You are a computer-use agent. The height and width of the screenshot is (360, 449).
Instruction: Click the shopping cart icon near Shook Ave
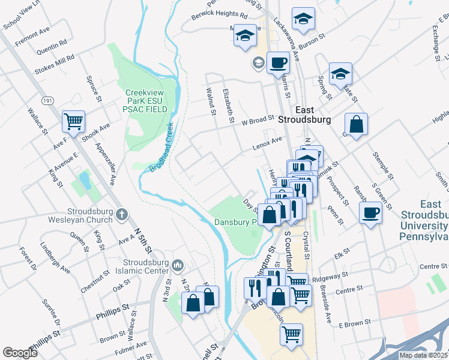(74, 121)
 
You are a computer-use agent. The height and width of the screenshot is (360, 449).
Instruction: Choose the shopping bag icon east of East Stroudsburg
(357, 125)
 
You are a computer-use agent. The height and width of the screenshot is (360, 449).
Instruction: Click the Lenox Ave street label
(267, 142)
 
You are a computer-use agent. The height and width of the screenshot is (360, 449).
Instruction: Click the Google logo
(20, 352)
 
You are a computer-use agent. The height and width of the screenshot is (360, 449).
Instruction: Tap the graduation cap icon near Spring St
(340, 73)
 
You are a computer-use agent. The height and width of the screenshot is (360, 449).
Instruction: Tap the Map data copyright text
(424, 355)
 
